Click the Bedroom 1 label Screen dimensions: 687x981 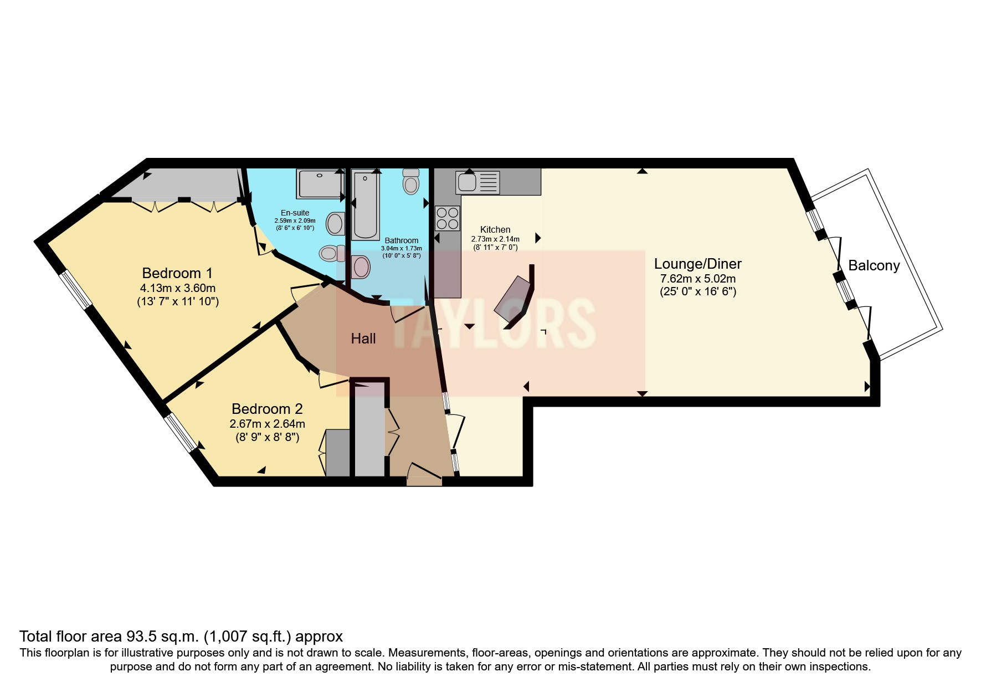tap(177, 273)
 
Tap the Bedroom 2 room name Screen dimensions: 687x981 tap(267, 409)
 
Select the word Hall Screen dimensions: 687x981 tap(363, 339)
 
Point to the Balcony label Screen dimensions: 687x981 tap(874, 265)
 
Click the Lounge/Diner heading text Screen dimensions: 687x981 tap(697, 264)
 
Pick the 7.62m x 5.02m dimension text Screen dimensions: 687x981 tap(697, 279)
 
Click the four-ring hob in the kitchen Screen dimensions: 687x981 tap(448, 218)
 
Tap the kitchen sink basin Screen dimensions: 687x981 tap(466, 182)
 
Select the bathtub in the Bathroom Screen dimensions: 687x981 tap(365, 205)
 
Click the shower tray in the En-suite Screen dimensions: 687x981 tap(320, 184)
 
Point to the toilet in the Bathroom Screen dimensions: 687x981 tap(410, 182)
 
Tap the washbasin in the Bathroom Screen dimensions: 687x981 tap(361, 266)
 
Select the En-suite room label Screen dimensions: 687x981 tap(295, 213)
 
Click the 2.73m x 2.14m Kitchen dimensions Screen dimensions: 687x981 tap(495, 239)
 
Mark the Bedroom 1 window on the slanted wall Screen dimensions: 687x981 tap(76, 289)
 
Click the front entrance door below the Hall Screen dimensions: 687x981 tap(424, 475)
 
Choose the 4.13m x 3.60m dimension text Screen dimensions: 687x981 tap(177, 288)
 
